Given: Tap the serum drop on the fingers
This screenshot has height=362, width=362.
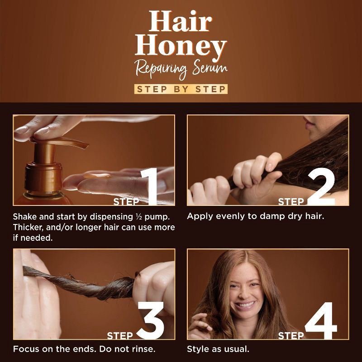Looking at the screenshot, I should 98,176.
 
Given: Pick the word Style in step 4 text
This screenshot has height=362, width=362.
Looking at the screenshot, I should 199,349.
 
